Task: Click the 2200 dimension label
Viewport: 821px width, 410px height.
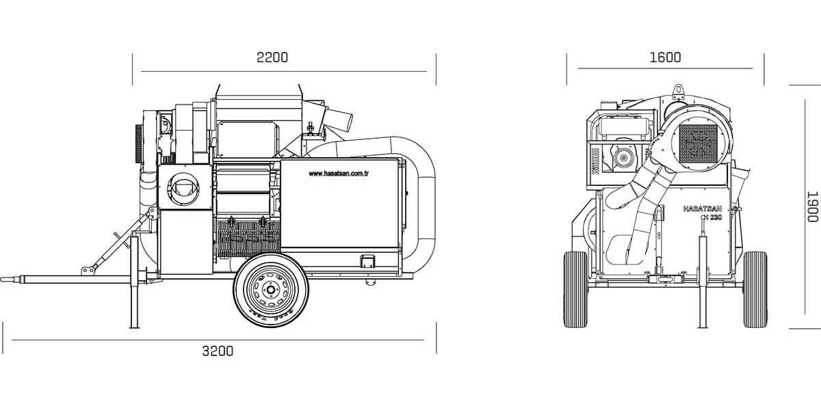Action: pyautogui.click(x=272, y=57)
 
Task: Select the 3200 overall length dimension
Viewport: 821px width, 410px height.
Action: pyautogui.click(x=218, y=351)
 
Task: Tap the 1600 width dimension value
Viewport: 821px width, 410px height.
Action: pyautogui.click(x=665, y=57)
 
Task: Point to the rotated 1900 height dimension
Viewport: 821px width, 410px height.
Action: pyautogui.click(x=812, y=206)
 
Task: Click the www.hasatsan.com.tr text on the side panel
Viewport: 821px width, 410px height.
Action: pyautogui.click(x=339, y=174)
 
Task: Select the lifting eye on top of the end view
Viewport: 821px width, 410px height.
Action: pyautogui.click(x=679, y=88)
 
